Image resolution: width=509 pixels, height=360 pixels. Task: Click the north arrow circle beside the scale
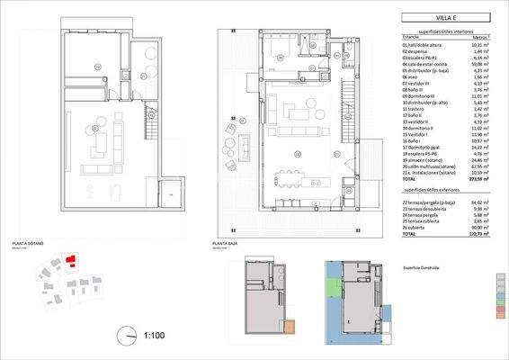coord(125,336)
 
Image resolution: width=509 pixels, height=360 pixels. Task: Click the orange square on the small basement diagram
coord(289,328)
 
